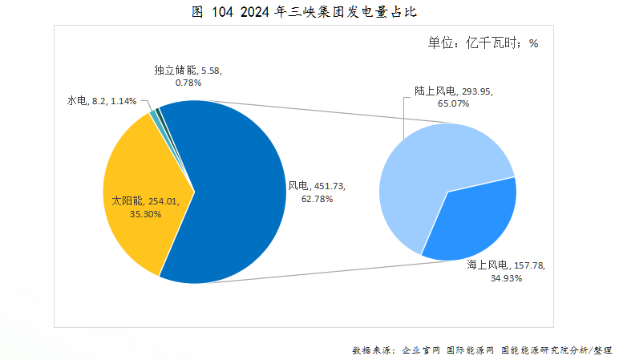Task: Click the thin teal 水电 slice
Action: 153,113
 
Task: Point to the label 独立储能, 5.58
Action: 188,70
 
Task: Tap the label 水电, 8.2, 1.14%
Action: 101,101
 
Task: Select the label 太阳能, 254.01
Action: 151,202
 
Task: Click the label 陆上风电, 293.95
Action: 454,91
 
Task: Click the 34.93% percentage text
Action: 506,278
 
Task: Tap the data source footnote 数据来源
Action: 481,350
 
